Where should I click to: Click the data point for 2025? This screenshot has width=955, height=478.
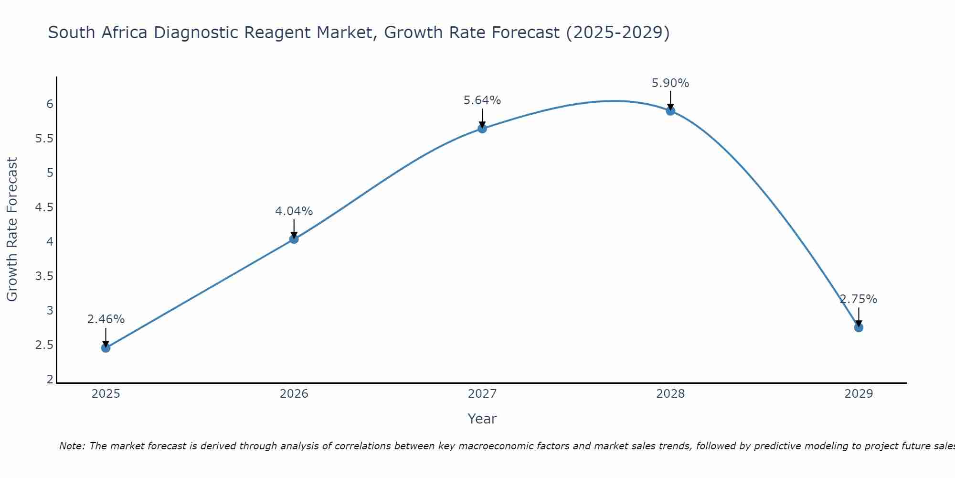tap(106, 348)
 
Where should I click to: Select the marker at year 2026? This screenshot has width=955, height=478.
tap(294, 239)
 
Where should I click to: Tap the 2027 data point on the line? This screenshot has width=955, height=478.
tap(482, 129)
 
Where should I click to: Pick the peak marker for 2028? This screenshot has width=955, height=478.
tap(670, 111)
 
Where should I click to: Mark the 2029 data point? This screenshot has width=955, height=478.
tap(859, 327)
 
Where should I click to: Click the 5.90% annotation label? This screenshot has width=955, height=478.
tap(670, 83)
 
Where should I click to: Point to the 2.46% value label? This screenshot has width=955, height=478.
tap(106, 319)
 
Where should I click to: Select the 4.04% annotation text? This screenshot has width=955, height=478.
tap(294, 211)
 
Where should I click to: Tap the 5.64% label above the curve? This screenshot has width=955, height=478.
tap(482, 100)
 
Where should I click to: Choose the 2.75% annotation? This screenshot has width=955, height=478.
tap(859, 299)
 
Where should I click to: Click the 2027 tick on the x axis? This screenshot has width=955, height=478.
tap(482, 394)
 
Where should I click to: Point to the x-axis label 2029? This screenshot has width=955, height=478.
tap(859, 394)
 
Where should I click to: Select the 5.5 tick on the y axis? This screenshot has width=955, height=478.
tap(44, 139)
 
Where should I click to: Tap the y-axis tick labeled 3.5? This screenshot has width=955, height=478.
tap(44, 276)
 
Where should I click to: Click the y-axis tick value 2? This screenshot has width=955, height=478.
tap(50, 380)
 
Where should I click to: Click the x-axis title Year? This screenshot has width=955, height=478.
tap(482, 419)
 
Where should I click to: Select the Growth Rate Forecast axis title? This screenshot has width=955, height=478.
tap(12, 229)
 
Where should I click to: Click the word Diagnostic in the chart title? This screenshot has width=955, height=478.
tap(196, 33)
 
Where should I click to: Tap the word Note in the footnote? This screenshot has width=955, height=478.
tap(71, 446)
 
